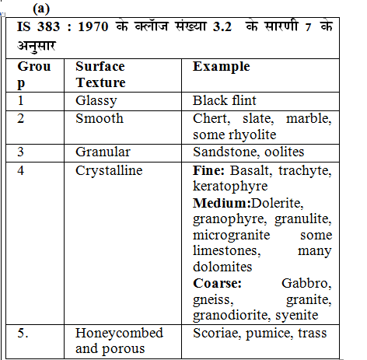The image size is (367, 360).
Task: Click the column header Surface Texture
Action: pos(100,75)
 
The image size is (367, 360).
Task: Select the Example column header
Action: pos(221,67)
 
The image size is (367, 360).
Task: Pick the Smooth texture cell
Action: pos(99,119)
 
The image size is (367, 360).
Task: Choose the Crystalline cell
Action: pos(109,170)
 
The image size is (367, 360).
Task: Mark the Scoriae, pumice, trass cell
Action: pos(260,333)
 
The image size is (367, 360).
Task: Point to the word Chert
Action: pos(210,119)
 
